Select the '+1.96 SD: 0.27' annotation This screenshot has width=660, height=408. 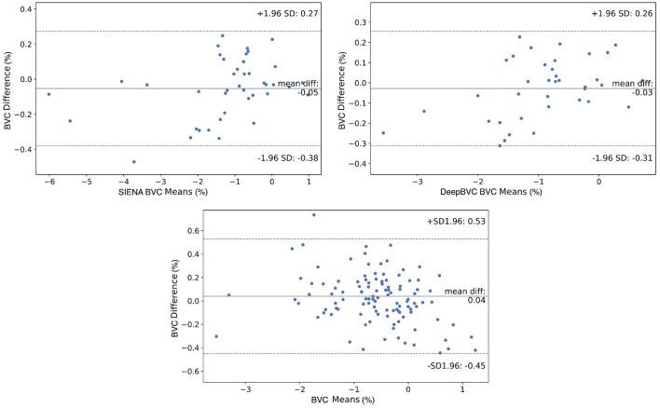click(x=287, y=14)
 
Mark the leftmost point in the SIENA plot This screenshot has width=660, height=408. click(x=48, y=94)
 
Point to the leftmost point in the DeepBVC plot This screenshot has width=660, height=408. click(x=383, y=133)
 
